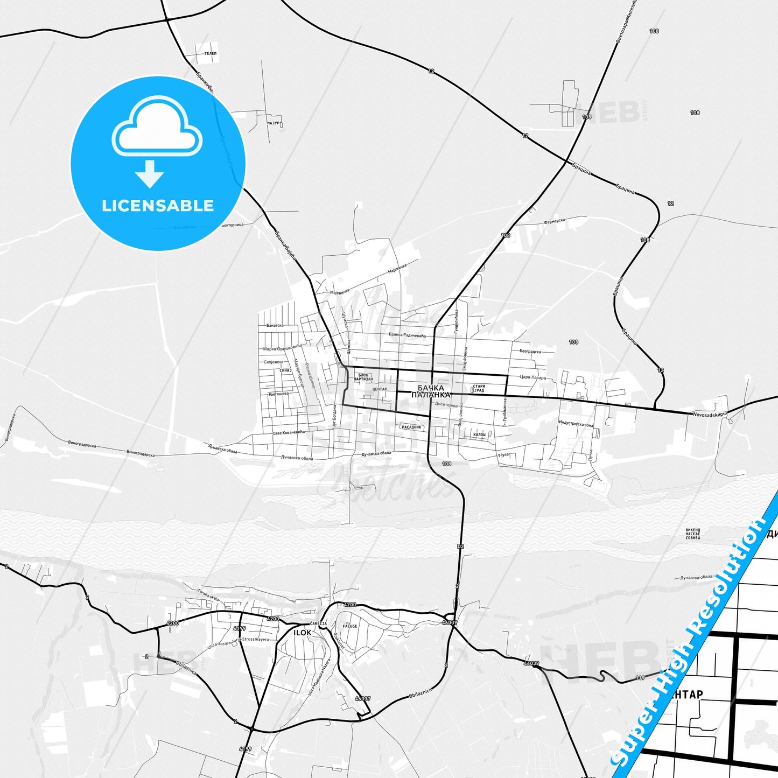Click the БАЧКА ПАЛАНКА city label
431,391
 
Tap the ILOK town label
302,633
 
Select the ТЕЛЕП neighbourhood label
211,54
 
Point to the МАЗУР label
274,123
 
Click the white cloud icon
157,128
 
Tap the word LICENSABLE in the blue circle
158,206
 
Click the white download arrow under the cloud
150,173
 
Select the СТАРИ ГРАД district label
478,388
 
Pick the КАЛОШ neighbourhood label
479,434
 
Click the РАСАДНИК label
412,427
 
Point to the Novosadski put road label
710,414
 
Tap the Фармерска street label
554,221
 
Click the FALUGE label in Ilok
350,626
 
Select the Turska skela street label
208,595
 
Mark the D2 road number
460,547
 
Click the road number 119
640,678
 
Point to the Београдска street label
530,352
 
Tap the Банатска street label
275,325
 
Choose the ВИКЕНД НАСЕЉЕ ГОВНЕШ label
693,534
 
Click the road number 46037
362,698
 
